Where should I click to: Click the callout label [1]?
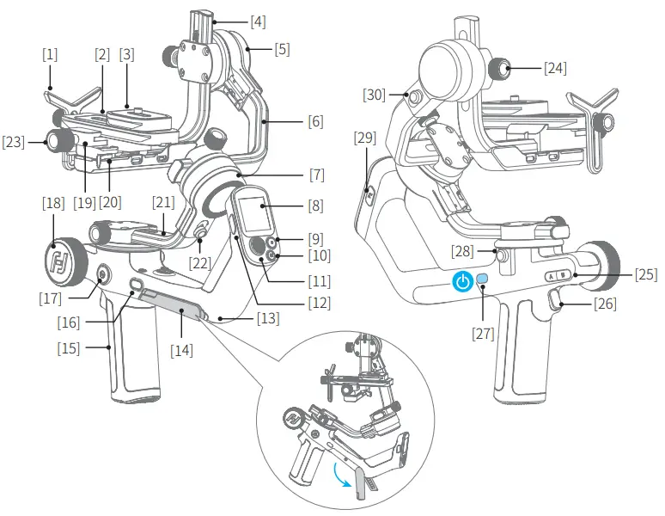[50, 53]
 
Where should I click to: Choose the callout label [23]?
[14, 140]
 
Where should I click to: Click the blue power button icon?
[463, 281]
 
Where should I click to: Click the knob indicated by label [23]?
[60, 139]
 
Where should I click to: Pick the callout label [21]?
[163, 203]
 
